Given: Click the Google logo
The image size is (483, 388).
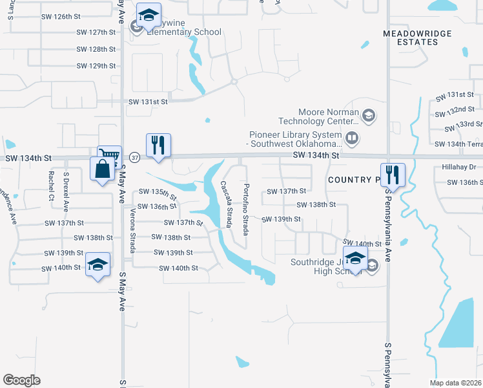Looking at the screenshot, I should [21, 380].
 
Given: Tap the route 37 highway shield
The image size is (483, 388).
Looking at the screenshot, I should [134, 157].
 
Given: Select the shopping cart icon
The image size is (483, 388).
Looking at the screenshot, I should [109, 155].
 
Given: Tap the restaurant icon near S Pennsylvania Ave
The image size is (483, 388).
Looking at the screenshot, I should [392, 174].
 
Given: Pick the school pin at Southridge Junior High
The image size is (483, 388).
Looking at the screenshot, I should [355, 259].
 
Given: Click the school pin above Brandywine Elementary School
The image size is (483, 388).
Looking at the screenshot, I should [149, 16].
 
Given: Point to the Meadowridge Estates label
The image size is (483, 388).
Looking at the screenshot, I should [410, 37].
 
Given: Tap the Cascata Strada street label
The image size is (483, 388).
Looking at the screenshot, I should [226, 203].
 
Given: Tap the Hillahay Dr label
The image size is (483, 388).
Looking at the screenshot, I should [458, 167].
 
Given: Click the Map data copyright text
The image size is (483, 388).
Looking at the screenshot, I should [456, 383].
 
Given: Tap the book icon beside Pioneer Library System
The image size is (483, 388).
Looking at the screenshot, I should [352, 137].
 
